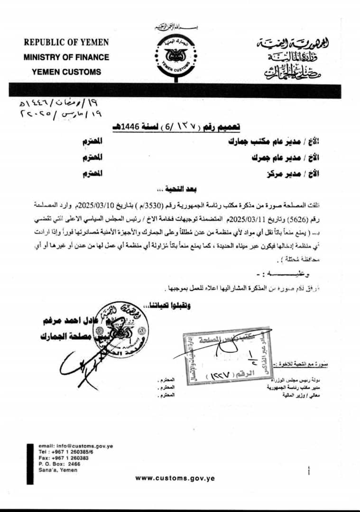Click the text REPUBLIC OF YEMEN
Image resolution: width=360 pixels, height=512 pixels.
[x=66, y=42]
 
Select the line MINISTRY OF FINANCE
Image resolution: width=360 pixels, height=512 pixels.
[x=66, y=57]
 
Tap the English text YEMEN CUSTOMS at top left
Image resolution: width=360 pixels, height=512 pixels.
[x=66, y=72]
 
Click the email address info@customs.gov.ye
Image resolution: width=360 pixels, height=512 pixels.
[x=76, y=446]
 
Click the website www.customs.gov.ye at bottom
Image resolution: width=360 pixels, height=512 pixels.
[x=175, y=478]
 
